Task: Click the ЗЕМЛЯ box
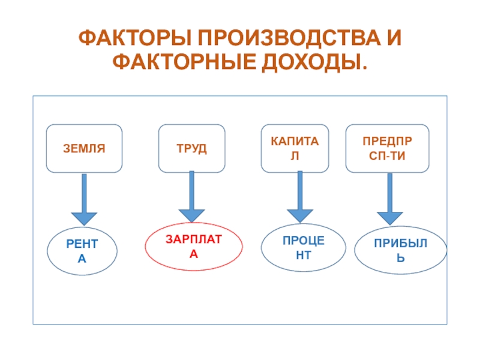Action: coord(84,148)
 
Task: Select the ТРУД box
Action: coord(191,148)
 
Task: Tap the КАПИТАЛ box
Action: coord(295,148)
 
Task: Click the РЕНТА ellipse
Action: coord(83,251)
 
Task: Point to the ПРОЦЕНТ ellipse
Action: coord(304,247)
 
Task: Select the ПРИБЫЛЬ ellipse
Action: coord(400,251)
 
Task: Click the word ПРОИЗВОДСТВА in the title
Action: coord(282,41)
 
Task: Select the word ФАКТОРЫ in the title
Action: coord(133,41)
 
